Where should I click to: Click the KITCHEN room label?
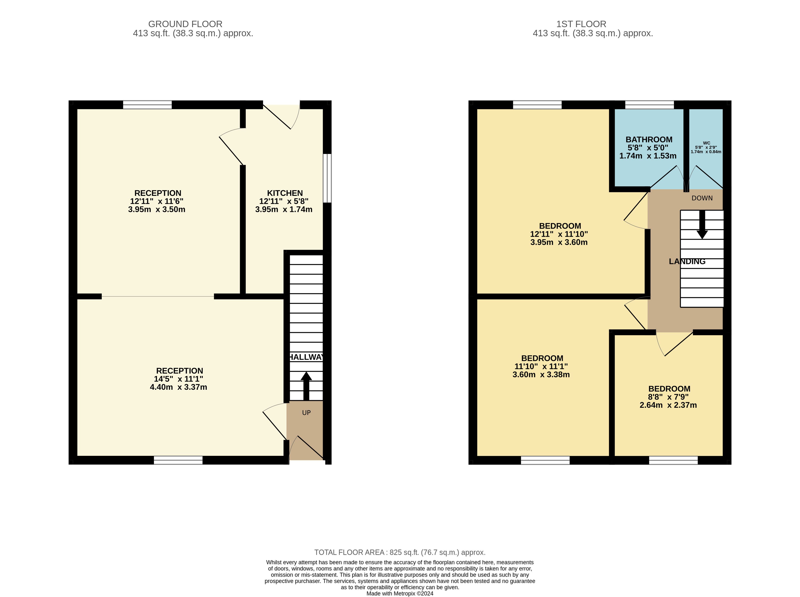285,193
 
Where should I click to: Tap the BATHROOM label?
649,140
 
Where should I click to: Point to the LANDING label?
687,261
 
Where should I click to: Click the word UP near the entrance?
306,413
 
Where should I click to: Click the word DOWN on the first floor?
702,198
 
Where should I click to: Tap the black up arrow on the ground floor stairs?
306,386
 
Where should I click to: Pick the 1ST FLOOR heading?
581,24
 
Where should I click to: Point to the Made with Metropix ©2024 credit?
400,593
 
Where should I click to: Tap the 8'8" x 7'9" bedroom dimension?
668,397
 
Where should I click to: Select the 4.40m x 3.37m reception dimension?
179,387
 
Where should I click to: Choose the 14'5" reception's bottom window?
178,460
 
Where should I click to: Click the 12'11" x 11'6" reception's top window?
148,105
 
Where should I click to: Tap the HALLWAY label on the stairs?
306,357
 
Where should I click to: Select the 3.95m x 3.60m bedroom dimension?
559,242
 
